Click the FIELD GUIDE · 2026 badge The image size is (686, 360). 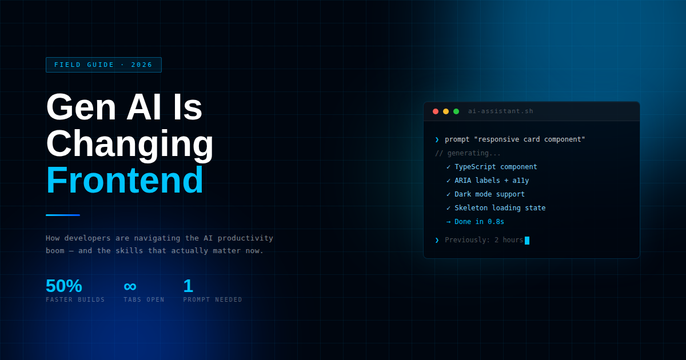103,65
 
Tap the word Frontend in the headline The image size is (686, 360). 125,181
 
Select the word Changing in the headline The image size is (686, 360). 130,144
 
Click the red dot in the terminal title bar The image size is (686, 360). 436,111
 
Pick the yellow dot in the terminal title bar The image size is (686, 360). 446,111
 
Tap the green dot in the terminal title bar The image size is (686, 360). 456,111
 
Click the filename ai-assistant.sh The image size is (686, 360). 500,111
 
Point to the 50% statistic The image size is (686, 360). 64,286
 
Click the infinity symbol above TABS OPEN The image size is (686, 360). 130,286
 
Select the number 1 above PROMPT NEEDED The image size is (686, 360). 188,286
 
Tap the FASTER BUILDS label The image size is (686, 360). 75,300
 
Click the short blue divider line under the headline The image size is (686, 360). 63,215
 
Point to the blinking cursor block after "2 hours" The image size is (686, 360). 527,241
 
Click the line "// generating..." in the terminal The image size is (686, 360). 468,153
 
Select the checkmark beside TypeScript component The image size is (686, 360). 448,167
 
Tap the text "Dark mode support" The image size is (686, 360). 489,194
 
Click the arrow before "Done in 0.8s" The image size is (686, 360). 448,222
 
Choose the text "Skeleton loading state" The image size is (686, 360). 500,208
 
